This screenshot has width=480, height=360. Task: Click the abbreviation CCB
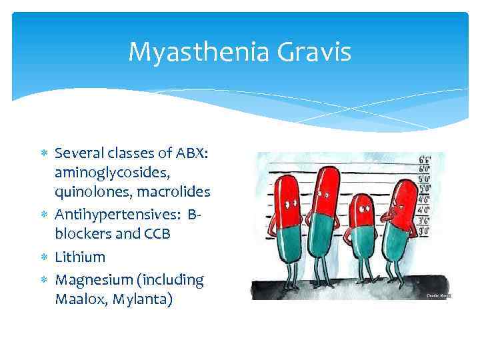click(x=157, y=235)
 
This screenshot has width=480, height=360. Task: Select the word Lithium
click(x=80, y=257)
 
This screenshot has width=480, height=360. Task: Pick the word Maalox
click(x=82, y=299)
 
